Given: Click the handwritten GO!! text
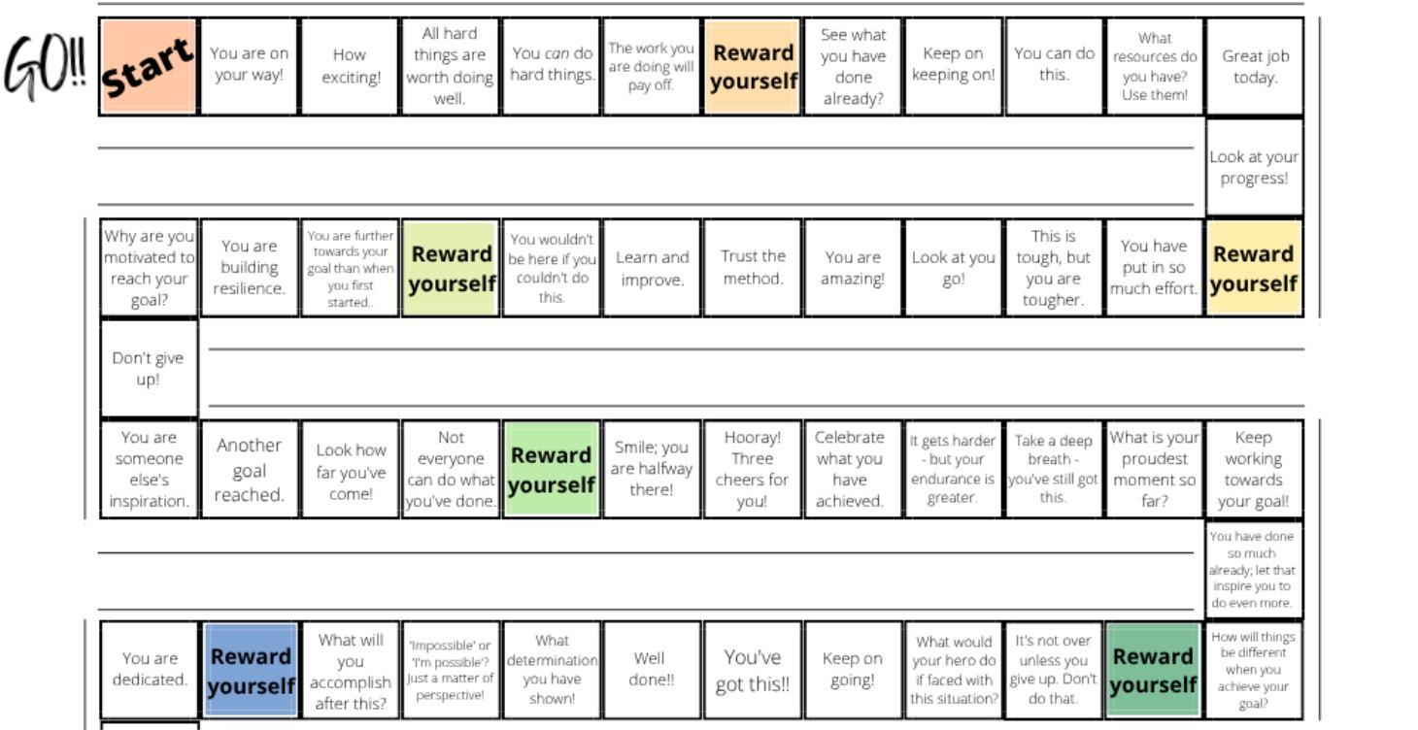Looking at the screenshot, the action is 45,68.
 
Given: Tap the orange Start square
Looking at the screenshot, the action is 149,66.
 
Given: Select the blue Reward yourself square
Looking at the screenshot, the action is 250,671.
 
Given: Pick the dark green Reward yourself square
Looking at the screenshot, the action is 1154,671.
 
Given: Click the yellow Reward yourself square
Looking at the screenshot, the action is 1254,268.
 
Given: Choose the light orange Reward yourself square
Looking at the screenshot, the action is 752,66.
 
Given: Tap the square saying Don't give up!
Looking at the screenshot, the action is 149,369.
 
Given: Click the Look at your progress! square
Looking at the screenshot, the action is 1254,168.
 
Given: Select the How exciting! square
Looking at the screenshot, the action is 350,66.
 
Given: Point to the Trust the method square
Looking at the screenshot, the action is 752,268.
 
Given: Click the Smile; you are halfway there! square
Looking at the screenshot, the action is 652,470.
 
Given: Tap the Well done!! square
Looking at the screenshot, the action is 652,671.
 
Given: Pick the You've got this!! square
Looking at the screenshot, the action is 752,671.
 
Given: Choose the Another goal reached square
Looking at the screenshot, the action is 250,470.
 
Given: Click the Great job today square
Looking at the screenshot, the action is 1254,66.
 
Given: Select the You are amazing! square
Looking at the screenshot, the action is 853,268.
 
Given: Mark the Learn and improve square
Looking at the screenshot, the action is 652,268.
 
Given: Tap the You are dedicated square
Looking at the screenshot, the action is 149,671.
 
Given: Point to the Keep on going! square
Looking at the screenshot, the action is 853,671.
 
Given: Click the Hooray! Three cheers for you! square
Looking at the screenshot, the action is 752,470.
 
